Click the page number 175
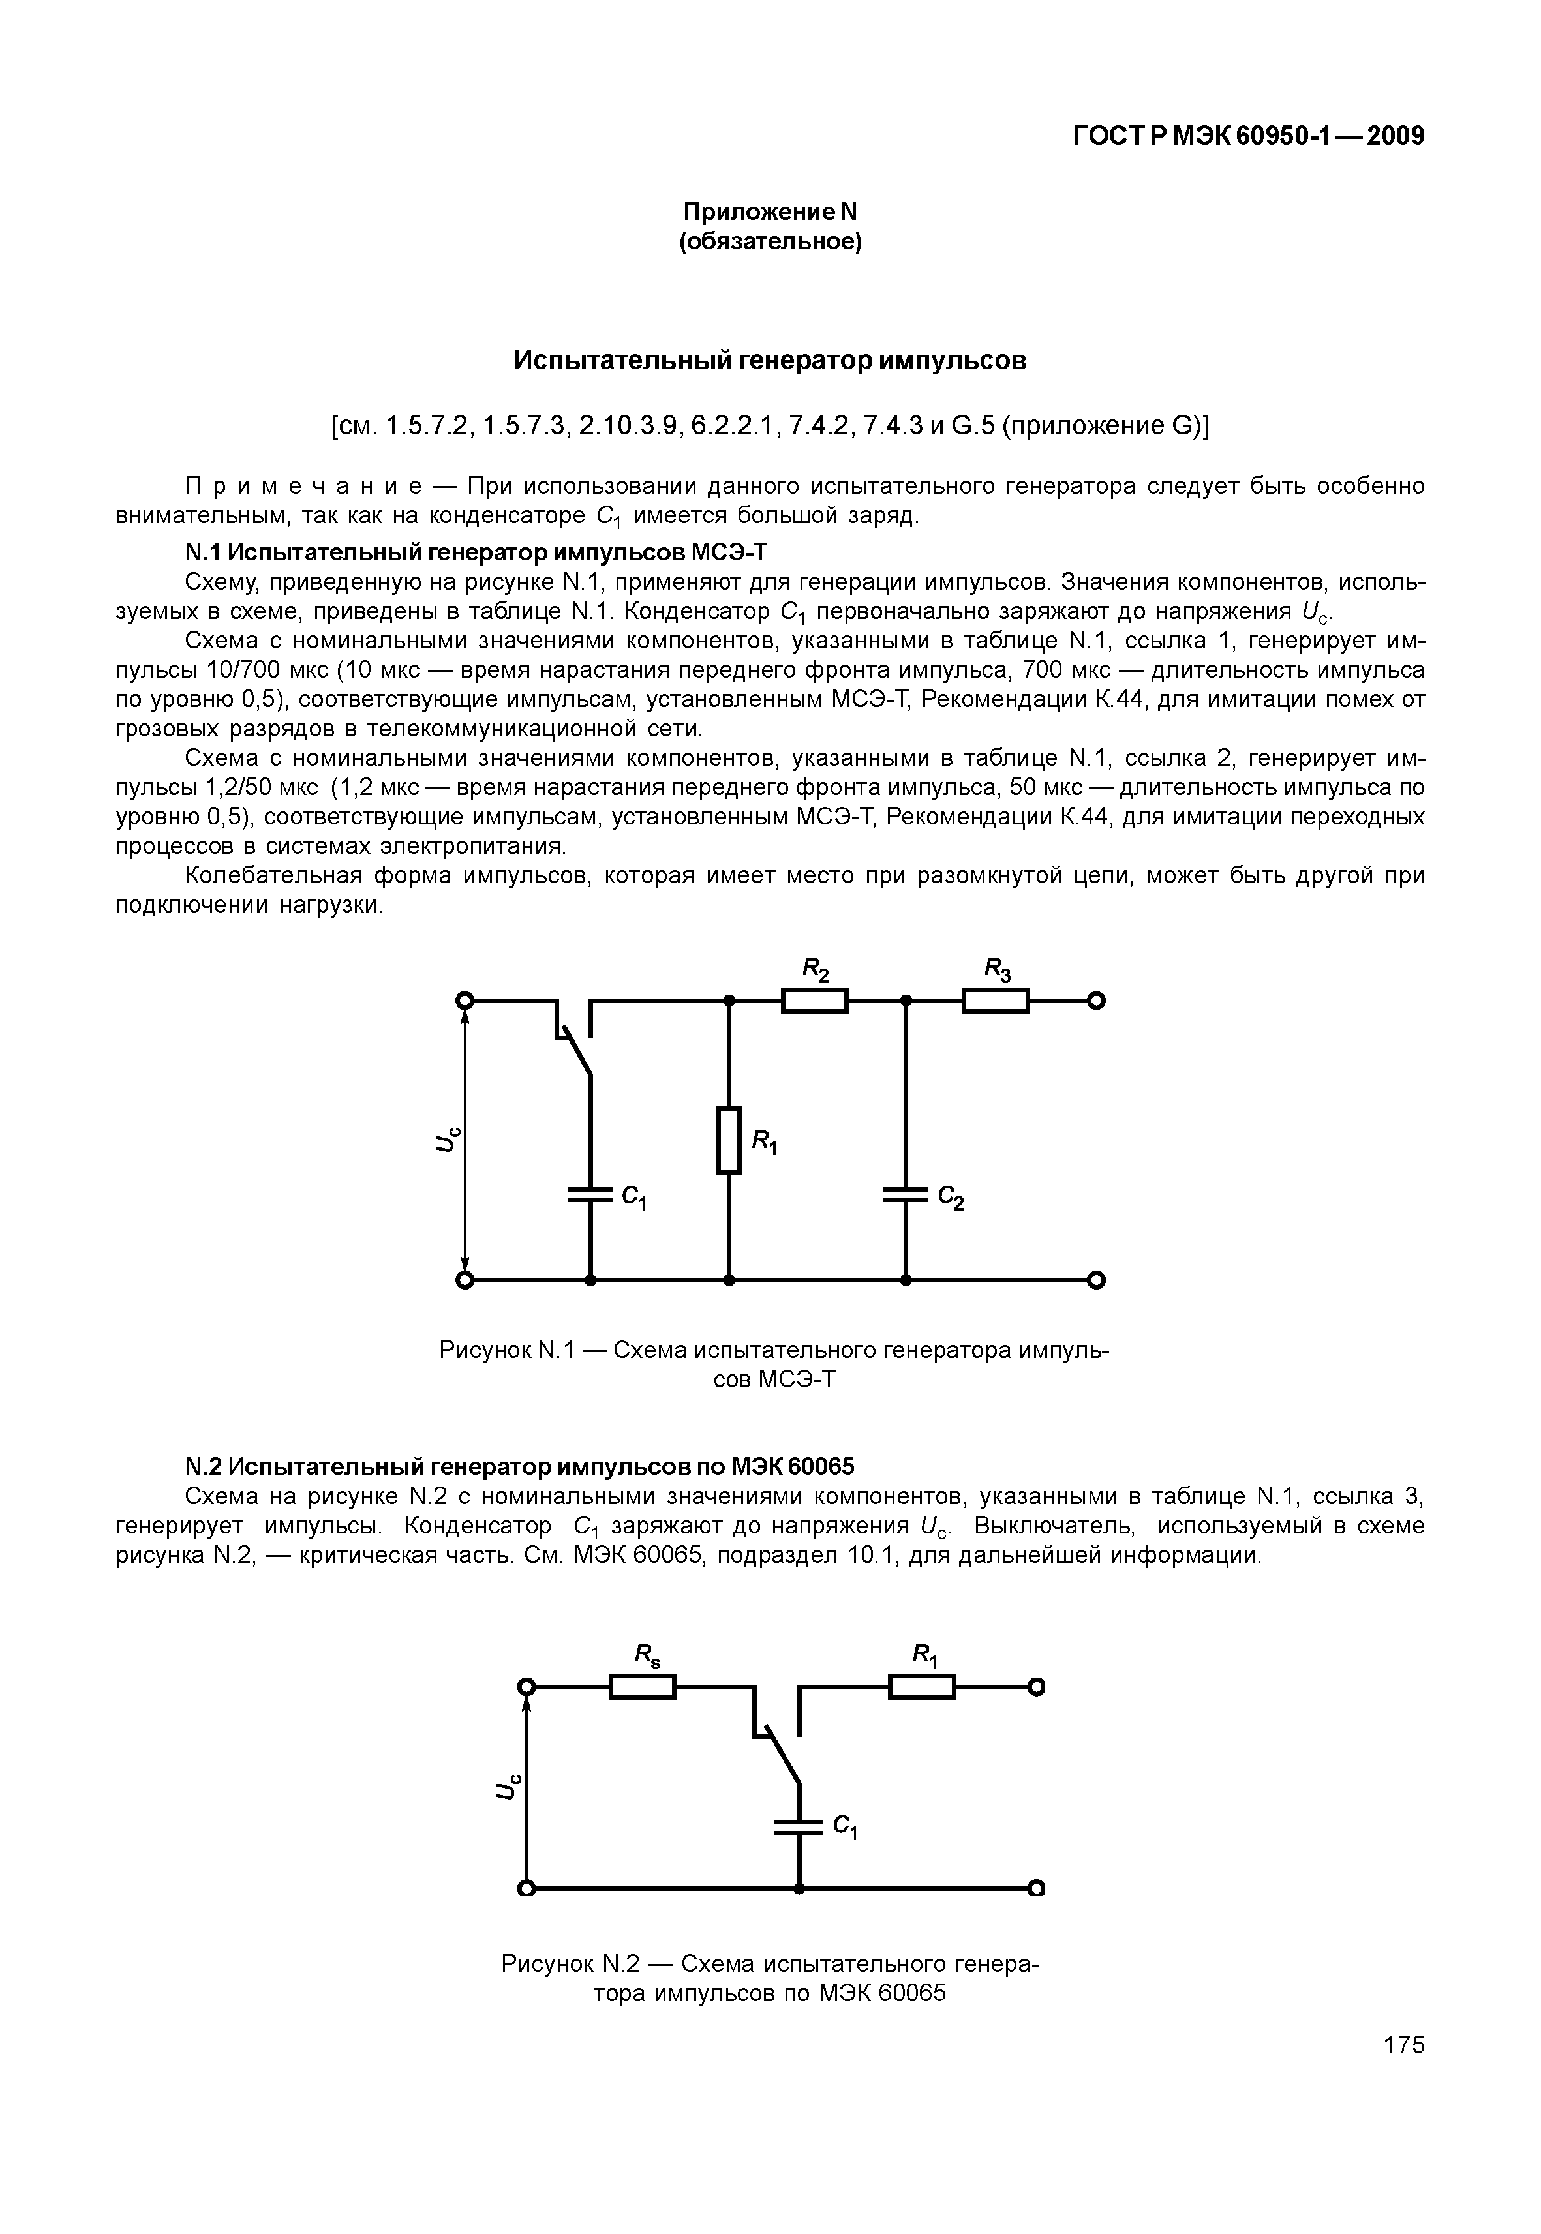(x=1403, y=2045)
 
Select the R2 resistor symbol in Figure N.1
(x=814, y=1001)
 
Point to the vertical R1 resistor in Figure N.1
(x=729, y=1140)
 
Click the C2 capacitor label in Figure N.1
(x=951, y=1199)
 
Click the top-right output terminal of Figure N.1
(x=1096, y=1001)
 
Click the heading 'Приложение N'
(x=770, y=211)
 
